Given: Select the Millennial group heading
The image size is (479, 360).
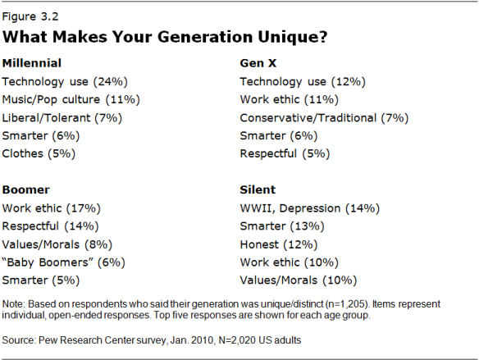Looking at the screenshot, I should click(32, 62).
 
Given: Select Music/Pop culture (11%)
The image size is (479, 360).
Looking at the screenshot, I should click(71, 99).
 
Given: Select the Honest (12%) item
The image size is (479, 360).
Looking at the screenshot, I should click(277, 244).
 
